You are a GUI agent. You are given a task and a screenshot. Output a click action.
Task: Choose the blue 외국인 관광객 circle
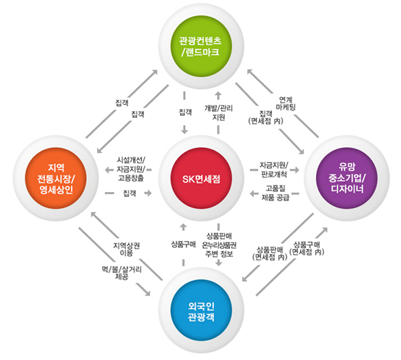coord(200,312)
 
